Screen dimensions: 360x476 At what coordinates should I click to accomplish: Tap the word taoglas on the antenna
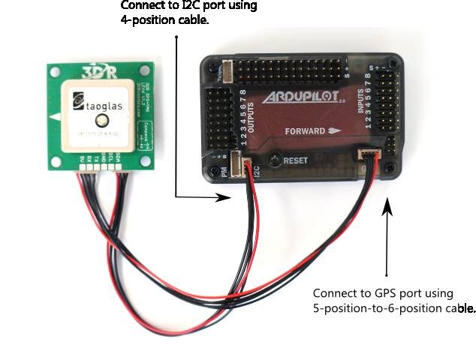click(100, 106)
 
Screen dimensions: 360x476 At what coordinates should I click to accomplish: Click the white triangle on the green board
click(53, 118)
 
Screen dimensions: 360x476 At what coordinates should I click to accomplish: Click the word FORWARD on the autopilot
click(303, 130)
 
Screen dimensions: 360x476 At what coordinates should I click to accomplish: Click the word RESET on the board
click(297, 160)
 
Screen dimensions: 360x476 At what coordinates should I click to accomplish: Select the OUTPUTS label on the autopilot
click(249, 117)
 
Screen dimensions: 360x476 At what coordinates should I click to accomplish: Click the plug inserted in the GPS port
click(369, 156)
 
